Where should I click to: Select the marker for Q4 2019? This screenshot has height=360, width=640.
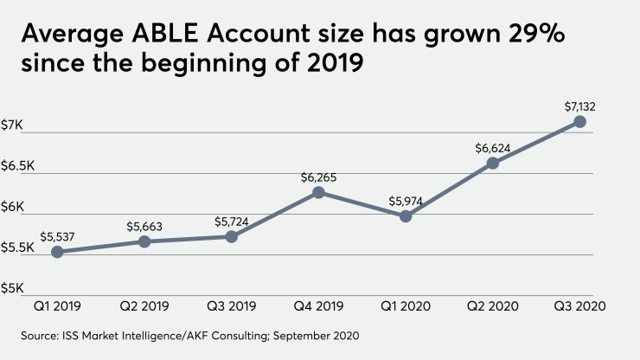pyautogui.click(x=318, y=192)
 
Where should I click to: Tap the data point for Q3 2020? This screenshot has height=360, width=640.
pyautogui.click(x=580, y=122)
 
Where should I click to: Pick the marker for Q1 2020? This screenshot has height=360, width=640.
pyautogui.click(x=406, y=216)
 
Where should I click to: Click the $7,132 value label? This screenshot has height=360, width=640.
pyautogui.click(x=580, y=106)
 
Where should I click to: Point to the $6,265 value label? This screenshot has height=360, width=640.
pyautogui.click(x=318, y=177)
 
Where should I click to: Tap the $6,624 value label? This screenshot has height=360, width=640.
pyautogui.click(x=493, y=147)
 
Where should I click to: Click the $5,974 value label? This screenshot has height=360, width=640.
pyautogui.click(x=406, y=200)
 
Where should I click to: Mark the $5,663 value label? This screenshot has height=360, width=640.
pyautogui.click(x=144, y=226)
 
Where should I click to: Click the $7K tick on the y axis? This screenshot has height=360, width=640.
pyautogui.click(x=13, y=125)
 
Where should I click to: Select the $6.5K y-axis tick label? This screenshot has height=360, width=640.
pyautogui.click(x=19, y=166)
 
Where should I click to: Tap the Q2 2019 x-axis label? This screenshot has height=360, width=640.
pyautogui.click(x=144, y=306)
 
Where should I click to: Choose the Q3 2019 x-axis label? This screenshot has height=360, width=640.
pyautogui.click(x=232, y=306)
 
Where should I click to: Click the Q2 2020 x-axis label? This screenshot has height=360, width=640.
pyautogui.click(x=493, y=306)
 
